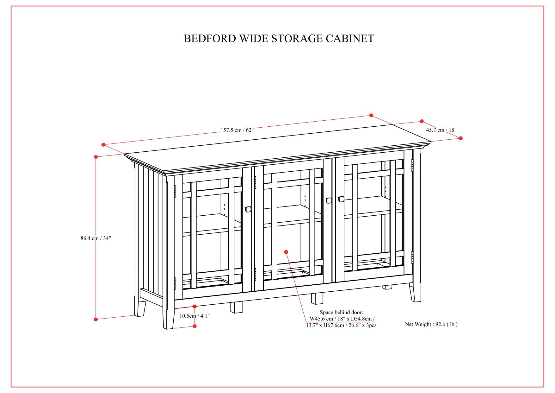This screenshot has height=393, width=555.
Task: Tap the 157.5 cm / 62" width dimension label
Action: tap(237, 130)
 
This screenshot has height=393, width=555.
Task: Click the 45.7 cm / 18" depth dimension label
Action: tap(441, 130)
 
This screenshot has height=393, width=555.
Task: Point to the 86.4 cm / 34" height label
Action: tap(96, 238)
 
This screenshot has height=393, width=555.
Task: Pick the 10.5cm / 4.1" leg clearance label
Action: tap(194, 316)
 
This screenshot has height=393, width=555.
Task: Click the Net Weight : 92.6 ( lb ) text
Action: tap(431, 324)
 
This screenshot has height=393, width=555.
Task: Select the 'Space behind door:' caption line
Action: tap(341, 312)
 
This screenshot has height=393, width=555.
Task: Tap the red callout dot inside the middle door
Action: tap(286, 252)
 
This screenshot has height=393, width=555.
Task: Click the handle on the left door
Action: tap(248, 209)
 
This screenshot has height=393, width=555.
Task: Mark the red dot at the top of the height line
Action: tap(96, 157)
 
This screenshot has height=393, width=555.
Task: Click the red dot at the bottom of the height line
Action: tap(96, 319)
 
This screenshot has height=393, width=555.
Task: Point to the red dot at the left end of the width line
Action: tap(103, 145)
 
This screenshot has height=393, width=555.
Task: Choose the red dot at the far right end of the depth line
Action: tap(460, 138)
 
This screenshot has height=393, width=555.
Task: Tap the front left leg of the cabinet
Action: tap(168, 318)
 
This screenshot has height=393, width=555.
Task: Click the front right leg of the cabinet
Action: tap(415, 293)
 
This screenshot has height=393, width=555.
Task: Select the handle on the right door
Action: tap(341, 199)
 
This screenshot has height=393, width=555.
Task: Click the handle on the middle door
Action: tap(328, 200)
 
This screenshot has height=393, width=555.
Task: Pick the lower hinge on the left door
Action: tap(175, 283)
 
